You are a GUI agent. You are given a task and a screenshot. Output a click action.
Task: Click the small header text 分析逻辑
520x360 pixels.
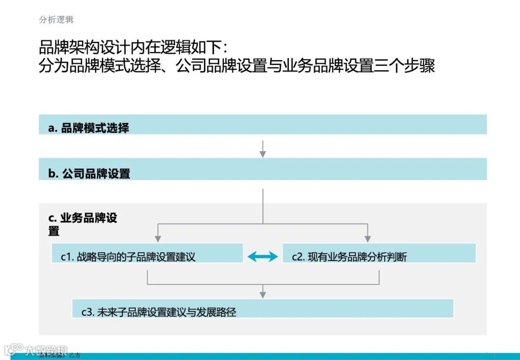pos(56,20)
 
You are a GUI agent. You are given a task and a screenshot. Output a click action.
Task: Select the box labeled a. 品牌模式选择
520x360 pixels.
pos(262,125)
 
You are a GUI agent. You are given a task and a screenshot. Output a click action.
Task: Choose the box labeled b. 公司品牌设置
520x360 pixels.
pos(262,169)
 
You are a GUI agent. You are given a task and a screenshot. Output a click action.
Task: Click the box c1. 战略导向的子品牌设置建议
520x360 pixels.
pos(147,253)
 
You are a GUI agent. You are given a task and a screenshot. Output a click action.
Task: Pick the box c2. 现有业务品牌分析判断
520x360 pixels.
pos(378,253)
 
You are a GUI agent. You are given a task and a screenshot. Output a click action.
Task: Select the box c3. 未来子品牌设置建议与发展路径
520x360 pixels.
pos(262,309)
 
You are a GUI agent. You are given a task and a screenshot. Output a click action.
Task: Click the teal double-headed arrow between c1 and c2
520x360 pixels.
pos(262,257)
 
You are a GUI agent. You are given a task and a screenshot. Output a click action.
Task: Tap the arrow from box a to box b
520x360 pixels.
pos(262,149)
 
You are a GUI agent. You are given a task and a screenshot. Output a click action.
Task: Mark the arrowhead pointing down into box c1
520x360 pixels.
pos(158,239)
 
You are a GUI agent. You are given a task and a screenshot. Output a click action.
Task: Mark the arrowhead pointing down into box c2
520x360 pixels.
pos(367,239)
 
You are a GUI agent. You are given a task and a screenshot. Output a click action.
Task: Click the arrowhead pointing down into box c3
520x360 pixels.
pos(262,294)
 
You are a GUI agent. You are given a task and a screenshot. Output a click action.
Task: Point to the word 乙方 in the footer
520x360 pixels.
pos(75,356)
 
